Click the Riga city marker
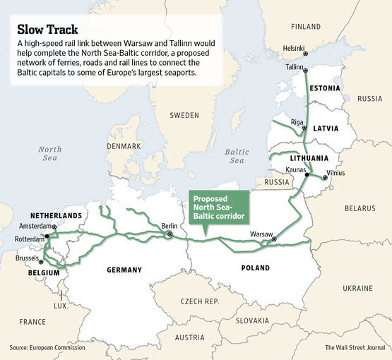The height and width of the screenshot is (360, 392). point(304,129)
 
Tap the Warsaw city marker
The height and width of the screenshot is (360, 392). point(275,240)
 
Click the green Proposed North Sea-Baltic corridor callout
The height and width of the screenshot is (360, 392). point(220,206)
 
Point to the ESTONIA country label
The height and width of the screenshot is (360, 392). point(324,88)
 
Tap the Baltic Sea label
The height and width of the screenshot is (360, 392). point(237,156)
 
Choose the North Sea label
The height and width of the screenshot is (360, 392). point(50,154)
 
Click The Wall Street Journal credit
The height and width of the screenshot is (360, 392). point(355,347)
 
